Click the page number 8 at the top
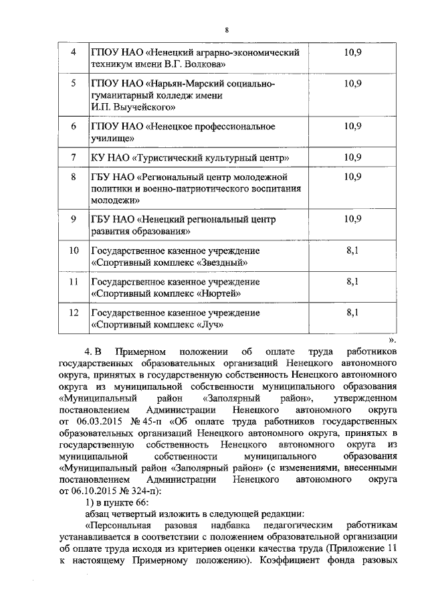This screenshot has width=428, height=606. [x=227, y=30]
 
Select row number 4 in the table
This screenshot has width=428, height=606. [x=74, y=52]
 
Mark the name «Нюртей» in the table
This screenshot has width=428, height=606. [x=218, y=293]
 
